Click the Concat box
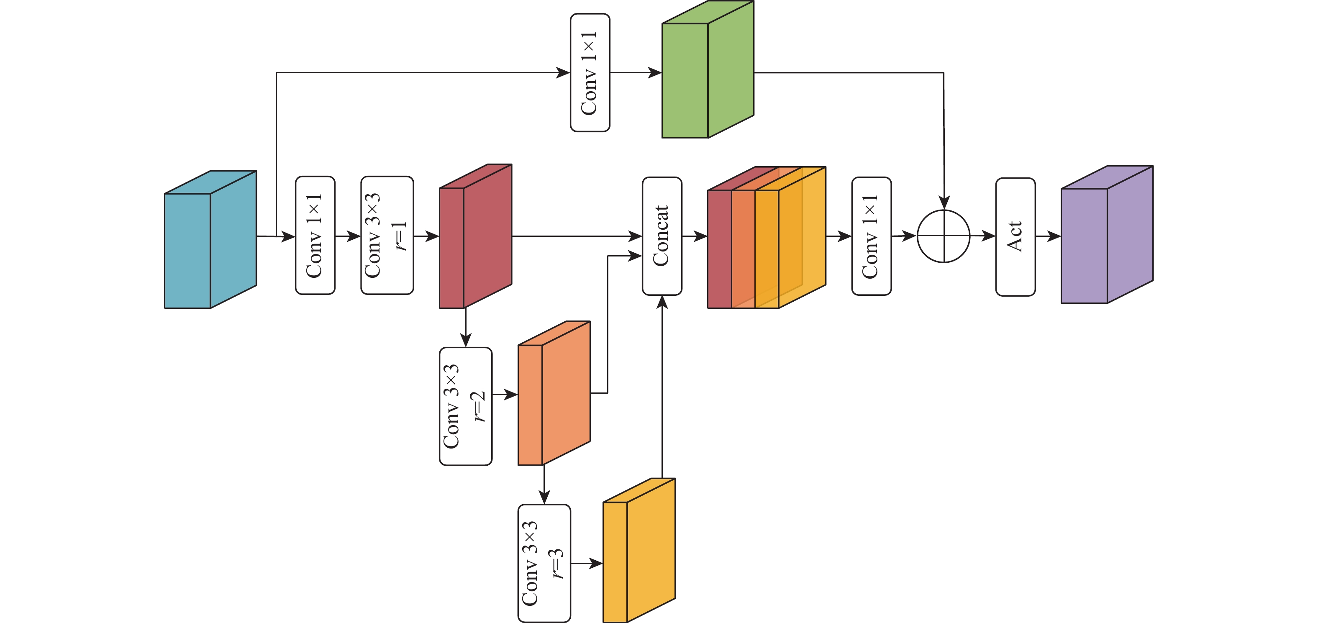pyautogui.click(x=662, y=236)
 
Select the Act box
pyautogui.click(x=1015, y=236)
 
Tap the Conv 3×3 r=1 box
pyautogui.click(x=387, y=235)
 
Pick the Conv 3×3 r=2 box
pyautogui.click(x=466, y=406)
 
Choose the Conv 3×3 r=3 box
pyautogui.click(x=544, y=563)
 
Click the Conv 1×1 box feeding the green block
pyautogui.click(x=590, y=73)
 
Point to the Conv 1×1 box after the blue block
pyautogui.click(x=315, y=235)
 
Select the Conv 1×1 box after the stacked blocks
pyautogui.click(x=871, y=236)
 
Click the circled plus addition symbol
pyautogui.click(x=944, y=236)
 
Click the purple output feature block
pyautogui.click(x=1107, y=235)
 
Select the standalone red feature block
pyautogui.click(x=475, y=236)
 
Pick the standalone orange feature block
pyautogui.click(x=554, y=393)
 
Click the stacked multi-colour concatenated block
pyautogui.click(x=766, y=238)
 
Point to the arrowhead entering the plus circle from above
pyautogui.click(x=944, y=203)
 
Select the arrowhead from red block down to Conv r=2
pyautogui.click(x=466, y=340)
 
